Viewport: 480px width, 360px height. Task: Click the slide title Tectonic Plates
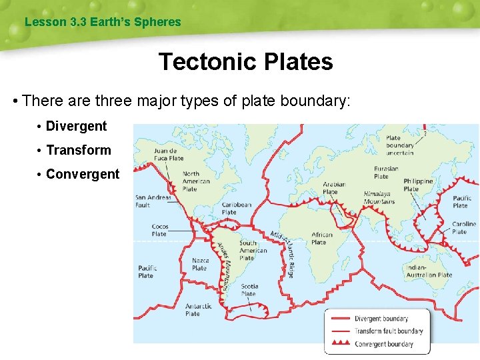click(245, 62)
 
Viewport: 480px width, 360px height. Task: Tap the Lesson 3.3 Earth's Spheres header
click(103, 22)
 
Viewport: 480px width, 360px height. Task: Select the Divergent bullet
click(76, 126)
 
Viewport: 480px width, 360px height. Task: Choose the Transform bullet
click(78, 150)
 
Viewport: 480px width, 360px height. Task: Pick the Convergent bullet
click(82, 174)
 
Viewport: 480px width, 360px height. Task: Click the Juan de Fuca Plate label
click(168, 155)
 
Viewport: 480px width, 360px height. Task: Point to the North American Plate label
click(196, 181)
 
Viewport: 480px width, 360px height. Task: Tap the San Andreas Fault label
click(153, 201)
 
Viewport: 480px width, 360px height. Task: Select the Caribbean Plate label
click(237, 209)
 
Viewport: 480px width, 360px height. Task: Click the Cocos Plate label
click(159, 230)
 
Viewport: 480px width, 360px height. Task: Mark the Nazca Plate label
click(200, 264)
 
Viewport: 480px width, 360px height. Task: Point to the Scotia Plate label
click(249, 290)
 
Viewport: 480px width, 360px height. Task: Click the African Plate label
click(322, 238)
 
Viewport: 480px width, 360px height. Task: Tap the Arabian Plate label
click(334, 188)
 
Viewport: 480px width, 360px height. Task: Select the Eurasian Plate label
click(386, 173)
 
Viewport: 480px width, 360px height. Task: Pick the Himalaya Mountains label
click(379, 197)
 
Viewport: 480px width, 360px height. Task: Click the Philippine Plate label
click(418, 185)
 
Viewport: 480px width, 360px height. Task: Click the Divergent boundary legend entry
click(381, 319)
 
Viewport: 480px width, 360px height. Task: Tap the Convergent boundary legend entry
click(383, 344)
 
